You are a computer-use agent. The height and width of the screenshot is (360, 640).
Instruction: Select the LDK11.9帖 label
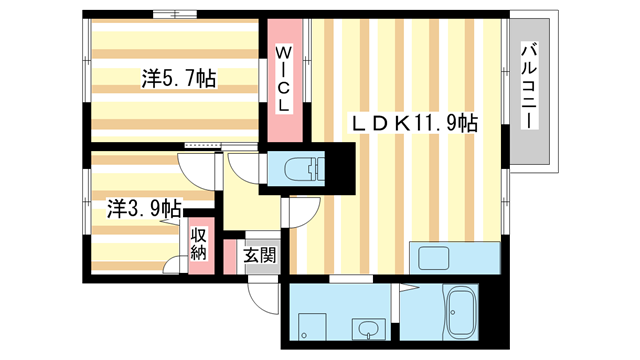coord(412,123)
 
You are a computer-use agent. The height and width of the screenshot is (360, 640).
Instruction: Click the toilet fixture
coord(297,168)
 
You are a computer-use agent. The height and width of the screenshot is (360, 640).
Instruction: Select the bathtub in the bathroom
coord(461,313)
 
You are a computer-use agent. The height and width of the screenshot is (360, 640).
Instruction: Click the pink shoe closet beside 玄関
coord(231,256)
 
